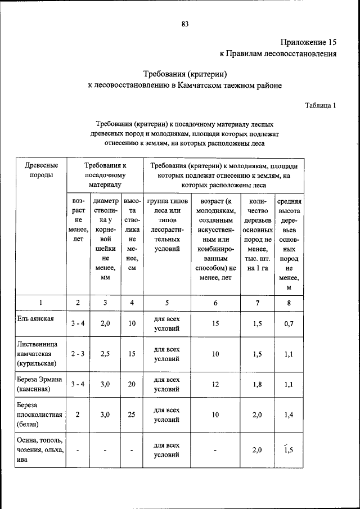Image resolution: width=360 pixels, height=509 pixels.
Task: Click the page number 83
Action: click(184, 24)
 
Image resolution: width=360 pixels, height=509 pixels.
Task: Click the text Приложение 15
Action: click(308, 42)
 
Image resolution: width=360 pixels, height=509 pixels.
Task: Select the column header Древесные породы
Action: click(42, 170)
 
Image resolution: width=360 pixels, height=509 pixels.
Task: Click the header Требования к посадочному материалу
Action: click(105, 175)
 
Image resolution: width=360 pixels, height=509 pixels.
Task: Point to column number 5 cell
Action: click(167, 303)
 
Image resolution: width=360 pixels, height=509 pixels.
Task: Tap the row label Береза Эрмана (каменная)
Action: click(41, 384)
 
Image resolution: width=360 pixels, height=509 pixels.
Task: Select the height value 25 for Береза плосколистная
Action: click(132, 415)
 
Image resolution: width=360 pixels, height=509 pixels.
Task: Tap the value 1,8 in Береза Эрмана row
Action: click(258, 384)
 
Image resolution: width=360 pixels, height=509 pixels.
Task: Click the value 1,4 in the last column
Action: click(288, 415)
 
